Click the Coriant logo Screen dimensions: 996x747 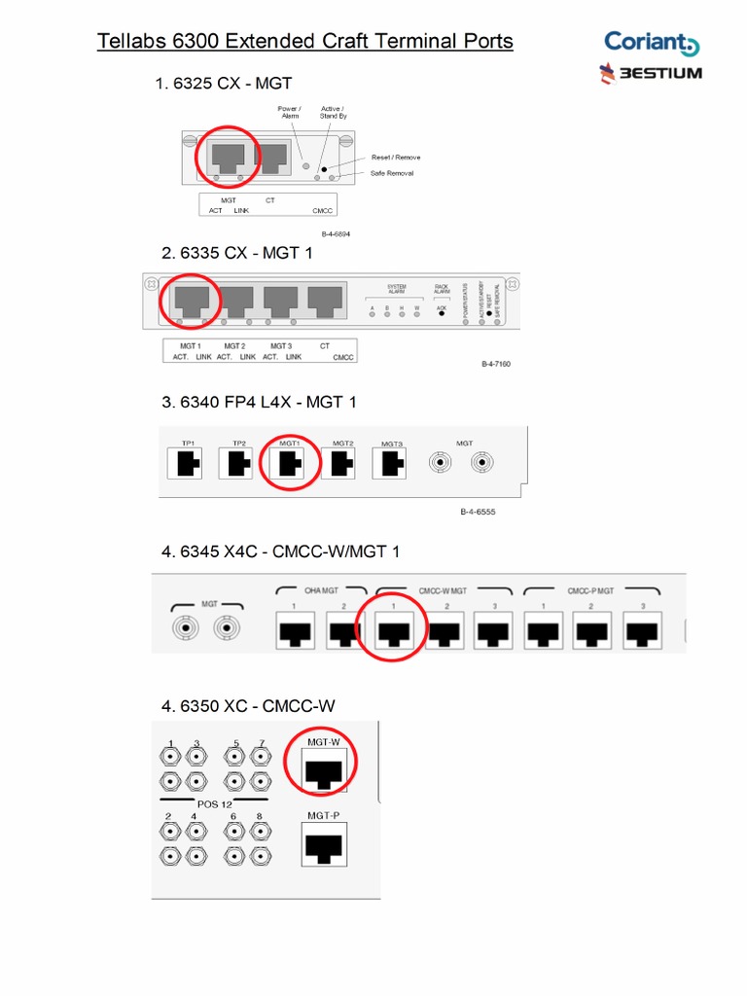tap(651, 43)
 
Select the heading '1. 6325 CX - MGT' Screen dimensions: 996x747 tap(224, 84)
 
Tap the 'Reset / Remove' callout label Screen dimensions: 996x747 tap(395, 157)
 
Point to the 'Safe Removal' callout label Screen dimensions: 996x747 tap(392, 173)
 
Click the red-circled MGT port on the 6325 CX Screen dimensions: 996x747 tap(228, 157)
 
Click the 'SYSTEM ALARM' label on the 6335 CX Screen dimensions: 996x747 tap(396, 289)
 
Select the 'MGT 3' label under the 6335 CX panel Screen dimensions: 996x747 tap(281, 345)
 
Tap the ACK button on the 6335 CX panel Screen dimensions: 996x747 tap(442, 309)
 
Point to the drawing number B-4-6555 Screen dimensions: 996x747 tap(478, 512)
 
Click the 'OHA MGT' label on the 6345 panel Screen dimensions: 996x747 tap(320, 589)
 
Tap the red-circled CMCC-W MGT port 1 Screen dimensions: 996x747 tap(392, 633)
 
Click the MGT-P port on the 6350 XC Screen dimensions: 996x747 tap(323, 846)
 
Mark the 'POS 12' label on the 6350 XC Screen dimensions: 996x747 tap(215, 803)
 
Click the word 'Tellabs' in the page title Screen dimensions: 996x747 tap(133, 41)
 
